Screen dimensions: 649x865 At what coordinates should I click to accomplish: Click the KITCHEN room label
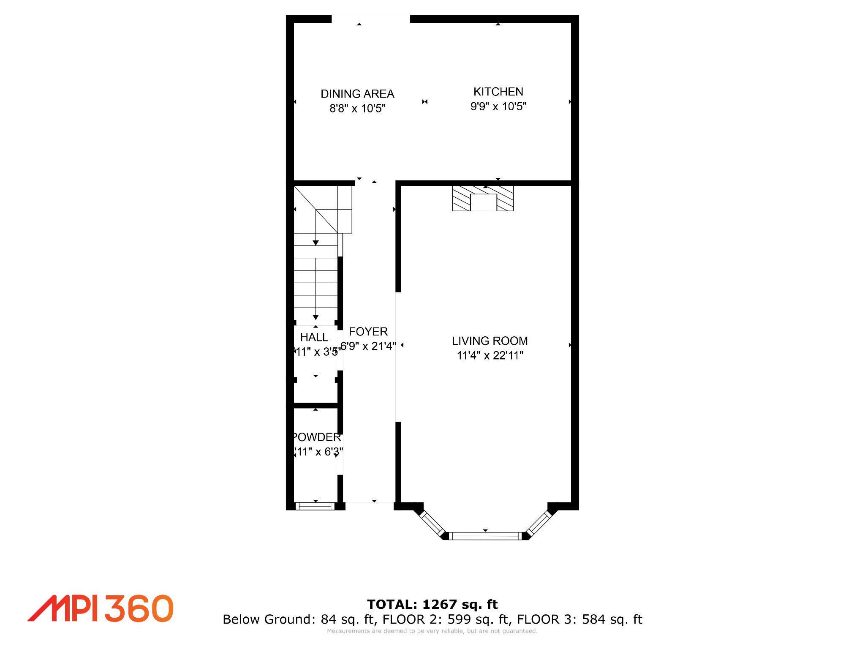point(498,92)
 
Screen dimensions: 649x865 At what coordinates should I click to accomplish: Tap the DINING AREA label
point(357,94)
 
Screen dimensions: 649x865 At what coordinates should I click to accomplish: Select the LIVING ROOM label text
point(490,341)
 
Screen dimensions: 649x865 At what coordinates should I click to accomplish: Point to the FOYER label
point(368,332)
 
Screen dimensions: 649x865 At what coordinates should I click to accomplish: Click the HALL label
point(314,337)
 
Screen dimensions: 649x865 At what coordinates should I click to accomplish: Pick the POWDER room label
point(317,437)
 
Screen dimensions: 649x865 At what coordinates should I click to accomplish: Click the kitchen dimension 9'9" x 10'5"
point(498,106)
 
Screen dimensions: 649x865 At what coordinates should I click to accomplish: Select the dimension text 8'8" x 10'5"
point(358,109)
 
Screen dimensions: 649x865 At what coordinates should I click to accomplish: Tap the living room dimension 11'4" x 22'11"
point(490,356)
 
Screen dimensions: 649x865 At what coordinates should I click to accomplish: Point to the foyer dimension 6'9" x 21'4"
point(368,346)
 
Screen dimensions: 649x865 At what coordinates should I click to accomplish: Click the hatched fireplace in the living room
point(483,198)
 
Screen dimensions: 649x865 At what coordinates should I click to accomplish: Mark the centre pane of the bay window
point(485,536)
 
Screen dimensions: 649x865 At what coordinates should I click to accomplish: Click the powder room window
point(315,506)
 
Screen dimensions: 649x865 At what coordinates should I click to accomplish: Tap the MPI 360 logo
point(101,608)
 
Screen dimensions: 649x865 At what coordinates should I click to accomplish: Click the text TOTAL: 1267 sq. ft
point(432,605)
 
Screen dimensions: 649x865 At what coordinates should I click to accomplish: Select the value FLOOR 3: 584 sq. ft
point(579,619)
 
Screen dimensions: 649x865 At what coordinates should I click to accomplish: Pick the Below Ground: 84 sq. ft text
point(298,619)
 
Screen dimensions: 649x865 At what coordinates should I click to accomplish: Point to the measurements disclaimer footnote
point(432,631)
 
